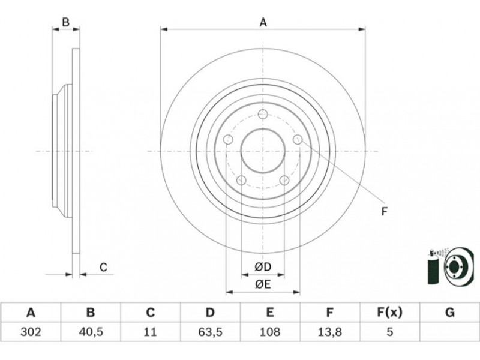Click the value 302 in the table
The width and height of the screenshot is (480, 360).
coord(31,332)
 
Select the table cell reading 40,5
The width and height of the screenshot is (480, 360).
coord(91,332)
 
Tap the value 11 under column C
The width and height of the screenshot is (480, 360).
coord(150,332)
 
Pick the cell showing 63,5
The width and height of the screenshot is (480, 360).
coord(210,332)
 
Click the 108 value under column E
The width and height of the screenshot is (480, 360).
coord(269,332)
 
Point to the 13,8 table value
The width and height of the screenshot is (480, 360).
coord(329,332)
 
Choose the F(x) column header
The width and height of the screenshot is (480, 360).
coord(389,313)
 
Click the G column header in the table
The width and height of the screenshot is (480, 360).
coord(449,313)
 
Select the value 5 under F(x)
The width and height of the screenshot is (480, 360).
coord(389,332)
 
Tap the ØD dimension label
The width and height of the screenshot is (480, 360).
coord(263,267)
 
